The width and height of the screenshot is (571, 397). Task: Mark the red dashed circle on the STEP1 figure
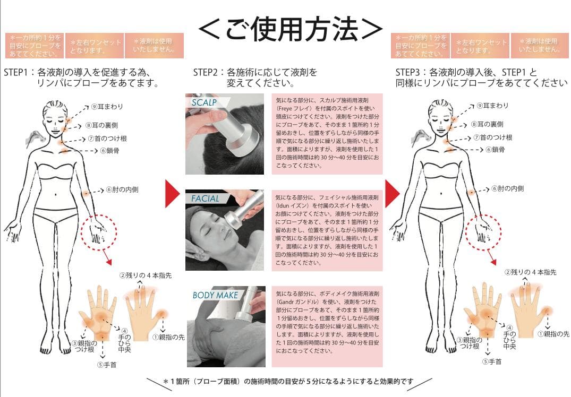[98, 231]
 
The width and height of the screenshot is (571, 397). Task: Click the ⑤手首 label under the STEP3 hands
[491, 361]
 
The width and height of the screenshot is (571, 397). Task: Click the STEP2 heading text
[255, 77]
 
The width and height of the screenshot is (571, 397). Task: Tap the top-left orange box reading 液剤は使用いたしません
[154, 45]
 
